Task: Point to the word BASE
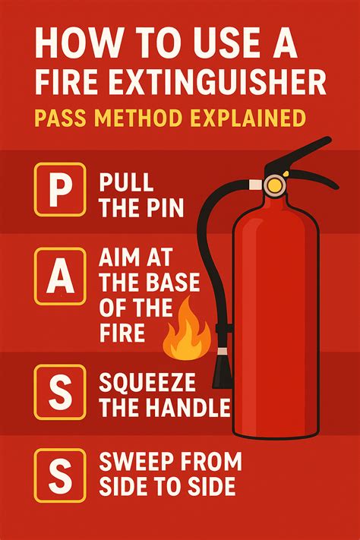[x=171, y=283]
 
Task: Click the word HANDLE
[x=188, y=409]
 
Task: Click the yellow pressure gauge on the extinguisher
[x=274, y=183]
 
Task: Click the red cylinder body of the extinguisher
[x=273, y=319]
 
